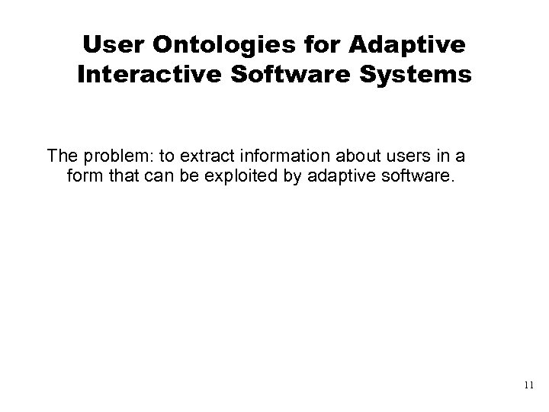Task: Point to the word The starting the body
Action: pyautogui.click(x=62, y=156)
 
